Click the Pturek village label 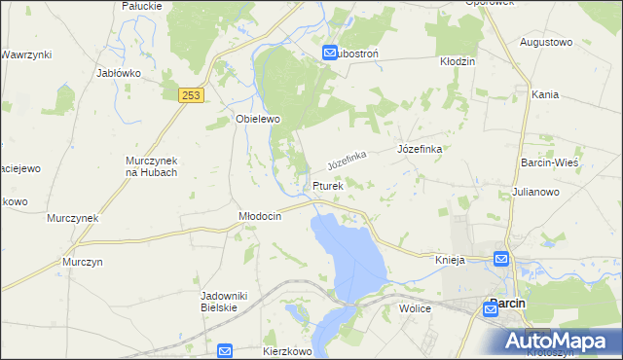[328, 186]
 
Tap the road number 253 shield [191, 93]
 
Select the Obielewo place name [258, 119]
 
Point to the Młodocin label [260, 217]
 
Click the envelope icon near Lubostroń [330, 54]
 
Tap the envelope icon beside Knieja [500, 259]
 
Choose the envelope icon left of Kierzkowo [225, 350]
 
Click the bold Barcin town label [507, 304]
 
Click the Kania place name [544, 94]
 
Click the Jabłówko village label [120, 73]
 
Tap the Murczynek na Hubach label [151, 165]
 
